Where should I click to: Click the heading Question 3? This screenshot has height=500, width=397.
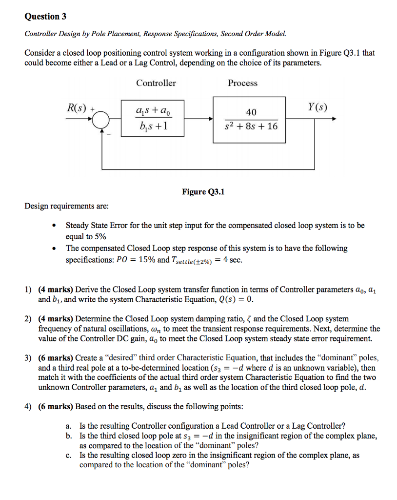[45, 17]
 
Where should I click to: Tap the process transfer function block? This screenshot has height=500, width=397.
[249, 119]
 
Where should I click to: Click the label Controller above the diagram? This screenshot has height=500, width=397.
[156, 83]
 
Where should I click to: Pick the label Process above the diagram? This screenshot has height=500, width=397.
[242, 83]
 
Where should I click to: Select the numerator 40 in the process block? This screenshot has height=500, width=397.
[251, 112]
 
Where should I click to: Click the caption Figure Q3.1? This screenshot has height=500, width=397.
[203, 191]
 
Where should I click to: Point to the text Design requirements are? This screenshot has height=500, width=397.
[67, 206]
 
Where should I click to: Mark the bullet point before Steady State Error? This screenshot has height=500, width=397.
[59, 226]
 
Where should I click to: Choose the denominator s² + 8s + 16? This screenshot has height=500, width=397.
[251, 126]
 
